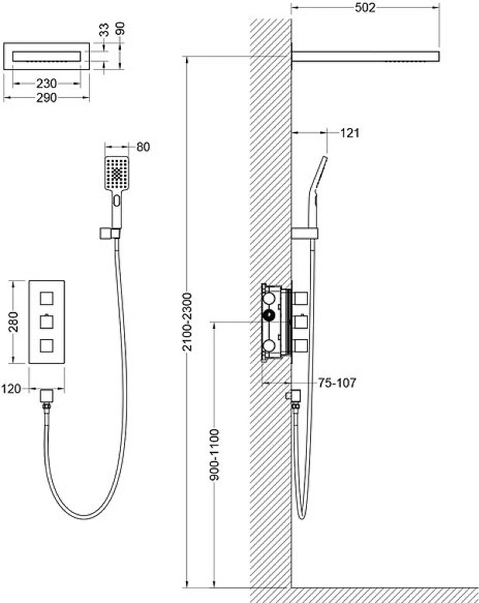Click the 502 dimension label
pyautogui.click(x=365, y=7)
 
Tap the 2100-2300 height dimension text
pyautogui.click(x=187, y=322)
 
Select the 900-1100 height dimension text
pyautogui.click(x=215, y=455)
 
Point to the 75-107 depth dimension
pyautogui.click(x=337, y=383)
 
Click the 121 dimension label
pyautogui.click(x=350, y=133)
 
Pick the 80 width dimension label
pyautogui.click(x=143, y=147)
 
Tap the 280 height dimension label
pyautogui.click(x=13, y=322)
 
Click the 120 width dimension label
pyautogui.click(x=11, y=389)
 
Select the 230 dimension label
pyautogui.click(x=47, y=84)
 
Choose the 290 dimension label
pyautogui.click(x=47, y=98)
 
